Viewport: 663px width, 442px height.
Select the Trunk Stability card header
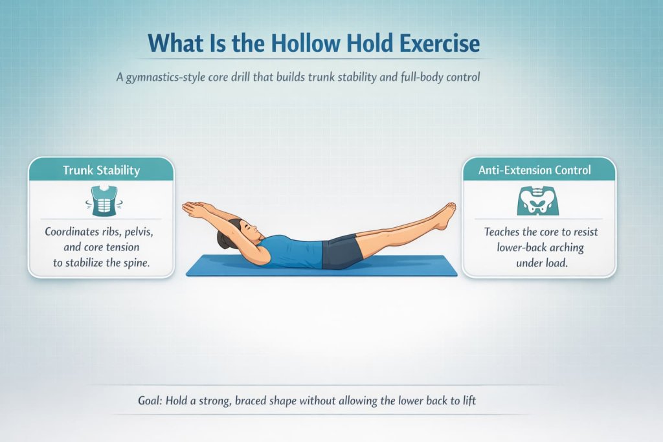click(100, 170)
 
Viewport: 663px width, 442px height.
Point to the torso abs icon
click(100, 199)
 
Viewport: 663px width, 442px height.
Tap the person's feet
click(445, 215)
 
